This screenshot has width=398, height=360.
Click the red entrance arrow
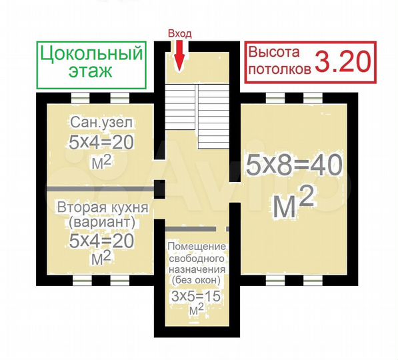179,55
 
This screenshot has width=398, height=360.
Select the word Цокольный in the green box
91,53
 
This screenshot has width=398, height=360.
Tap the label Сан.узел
101,123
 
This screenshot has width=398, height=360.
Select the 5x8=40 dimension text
294,165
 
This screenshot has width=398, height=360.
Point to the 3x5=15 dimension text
196,296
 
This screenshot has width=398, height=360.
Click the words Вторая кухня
101,207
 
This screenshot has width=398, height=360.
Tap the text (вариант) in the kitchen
101,222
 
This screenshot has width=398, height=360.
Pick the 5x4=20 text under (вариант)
101,239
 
